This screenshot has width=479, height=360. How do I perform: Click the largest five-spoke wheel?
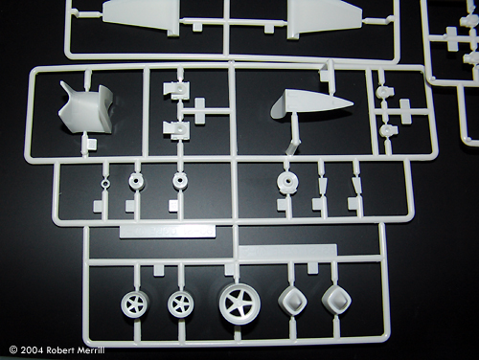239,303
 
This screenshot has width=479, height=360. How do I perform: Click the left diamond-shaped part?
292,301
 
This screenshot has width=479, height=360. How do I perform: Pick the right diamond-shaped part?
336,301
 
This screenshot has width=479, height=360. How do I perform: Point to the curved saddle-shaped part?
86,107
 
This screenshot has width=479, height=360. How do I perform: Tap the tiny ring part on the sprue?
105,183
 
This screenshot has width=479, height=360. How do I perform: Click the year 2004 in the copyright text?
32,350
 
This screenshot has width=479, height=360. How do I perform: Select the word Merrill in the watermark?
92,350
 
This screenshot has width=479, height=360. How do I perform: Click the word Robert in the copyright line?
61,350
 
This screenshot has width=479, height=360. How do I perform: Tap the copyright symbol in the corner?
13,350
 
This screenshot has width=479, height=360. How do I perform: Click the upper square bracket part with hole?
176,89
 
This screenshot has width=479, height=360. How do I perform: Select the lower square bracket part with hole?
176,130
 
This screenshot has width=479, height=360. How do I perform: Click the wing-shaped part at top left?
142,15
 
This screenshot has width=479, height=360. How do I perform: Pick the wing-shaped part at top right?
323,17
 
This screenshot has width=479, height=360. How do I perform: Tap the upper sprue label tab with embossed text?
167,232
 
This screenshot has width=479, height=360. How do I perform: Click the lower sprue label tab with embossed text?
288,250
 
